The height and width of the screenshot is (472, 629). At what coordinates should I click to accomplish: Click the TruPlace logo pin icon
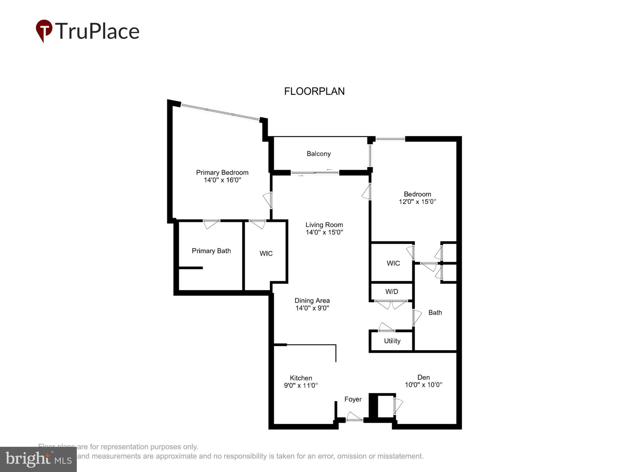pos(44,30)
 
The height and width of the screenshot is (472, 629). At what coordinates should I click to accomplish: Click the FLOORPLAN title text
pos(314,91)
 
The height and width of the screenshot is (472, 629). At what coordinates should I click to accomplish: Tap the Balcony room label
pos(318,154)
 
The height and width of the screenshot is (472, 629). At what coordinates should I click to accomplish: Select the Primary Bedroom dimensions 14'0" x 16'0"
pos(222,180)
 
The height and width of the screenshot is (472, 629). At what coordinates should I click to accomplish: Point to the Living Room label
pos(324,225)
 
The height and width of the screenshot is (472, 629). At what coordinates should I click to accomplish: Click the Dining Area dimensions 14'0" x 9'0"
pos(312,308)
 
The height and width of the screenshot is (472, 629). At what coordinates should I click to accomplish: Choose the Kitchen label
pos(301,378)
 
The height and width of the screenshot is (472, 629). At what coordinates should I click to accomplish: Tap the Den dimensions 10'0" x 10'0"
pos(423,385)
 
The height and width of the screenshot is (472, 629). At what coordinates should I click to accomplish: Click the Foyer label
pos(353,399)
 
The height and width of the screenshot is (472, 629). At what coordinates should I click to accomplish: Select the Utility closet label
pos(392,341)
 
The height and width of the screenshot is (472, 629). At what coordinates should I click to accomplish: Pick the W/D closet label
pos(392,291)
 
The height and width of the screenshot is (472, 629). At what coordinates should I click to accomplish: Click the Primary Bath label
pos(211,251)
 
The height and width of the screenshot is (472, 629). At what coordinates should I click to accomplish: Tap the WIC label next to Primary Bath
pos(266,254)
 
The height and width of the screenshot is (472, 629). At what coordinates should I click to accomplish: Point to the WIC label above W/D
pos(393,263)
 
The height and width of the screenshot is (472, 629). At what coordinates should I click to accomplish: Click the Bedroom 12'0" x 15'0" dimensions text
pos(417,202)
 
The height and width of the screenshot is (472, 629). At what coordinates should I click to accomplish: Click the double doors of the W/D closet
pos(391,304)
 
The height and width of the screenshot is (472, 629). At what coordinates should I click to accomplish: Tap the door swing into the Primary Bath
pos(211,224)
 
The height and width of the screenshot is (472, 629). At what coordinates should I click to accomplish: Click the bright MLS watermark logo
pos(38,459)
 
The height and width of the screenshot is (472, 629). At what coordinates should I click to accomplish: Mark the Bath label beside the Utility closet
pos(435,313)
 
